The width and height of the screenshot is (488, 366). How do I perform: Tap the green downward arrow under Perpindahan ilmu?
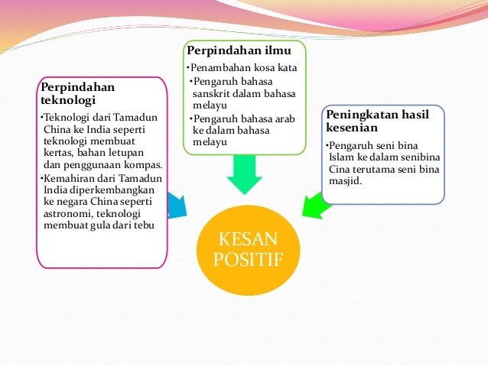244,174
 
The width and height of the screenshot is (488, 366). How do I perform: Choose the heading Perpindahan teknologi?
77,93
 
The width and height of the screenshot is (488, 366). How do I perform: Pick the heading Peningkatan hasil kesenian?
377,121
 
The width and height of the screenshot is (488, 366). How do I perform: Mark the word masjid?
345,181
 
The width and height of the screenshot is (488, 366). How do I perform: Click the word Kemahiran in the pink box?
69,177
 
